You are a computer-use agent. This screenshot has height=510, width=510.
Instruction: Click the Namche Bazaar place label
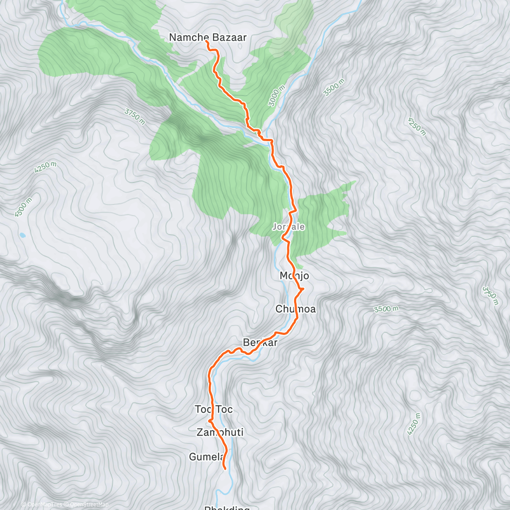click(207, 37)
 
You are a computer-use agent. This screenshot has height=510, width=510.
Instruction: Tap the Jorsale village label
click(289, 227)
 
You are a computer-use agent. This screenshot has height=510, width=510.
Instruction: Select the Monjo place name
click(294, 276)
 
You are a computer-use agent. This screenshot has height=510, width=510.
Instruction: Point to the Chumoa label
click(295, 309)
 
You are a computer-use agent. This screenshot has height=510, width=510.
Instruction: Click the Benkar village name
click(260, 343)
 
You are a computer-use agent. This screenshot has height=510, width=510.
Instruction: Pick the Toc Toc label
click(214, 409)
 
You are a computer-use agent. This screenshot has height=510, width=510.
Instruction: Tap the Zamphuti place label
click(220, 433)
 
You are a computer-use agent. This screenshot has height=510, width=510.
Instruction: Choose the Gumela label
click(206, 457)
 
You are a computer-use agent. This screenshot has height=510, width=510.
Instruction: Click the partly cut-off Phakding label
click(227, 507)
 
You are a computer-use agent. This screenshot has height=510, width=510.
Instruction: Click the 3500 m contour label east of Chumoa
click(386, 309)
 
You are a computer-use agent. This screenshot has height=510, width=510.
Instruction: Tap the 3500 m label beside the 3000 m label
click(334, 88)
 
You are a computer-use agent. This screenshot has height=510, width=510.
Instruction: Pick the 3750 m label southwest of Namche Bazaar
click(135, 117)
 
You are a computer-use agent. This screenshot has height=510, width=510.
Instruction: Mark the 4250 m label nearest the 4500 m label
click(46, 167)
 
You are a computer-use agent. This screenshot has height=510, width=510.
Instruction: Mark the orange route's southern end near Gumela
click(224, 469)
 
